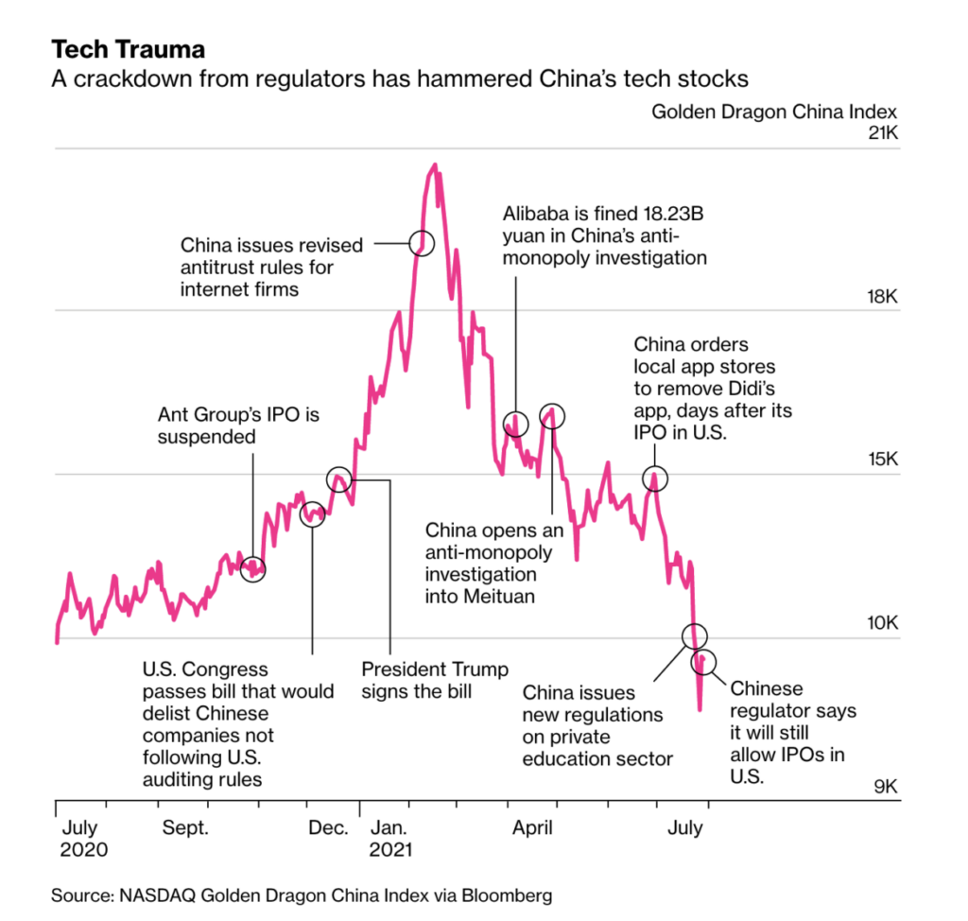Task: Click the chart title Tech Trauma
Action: click(128, 48)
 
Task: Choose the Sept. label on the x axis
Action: click(186, 828)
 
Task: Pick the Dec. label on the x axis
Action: click(328, 828)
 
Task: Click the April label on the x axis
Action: click(533, 828)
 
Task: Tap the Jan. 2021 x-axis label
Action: click(390, 838)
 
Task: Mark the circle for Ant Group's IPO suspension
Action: click(253, 569)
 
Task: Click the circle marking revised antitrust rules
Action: click(422, 243)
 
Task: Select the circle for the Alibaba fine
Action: click(515, 424)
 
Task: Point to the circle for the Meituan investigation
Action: click(552, 414)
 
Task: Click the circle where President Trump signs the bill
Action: click(339, 479)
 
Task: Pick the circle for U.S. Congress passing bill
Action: click(312, 515)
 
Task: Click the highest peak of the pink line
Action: click(435, 165)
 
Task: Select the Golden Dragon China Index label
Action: click(774, 112)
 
